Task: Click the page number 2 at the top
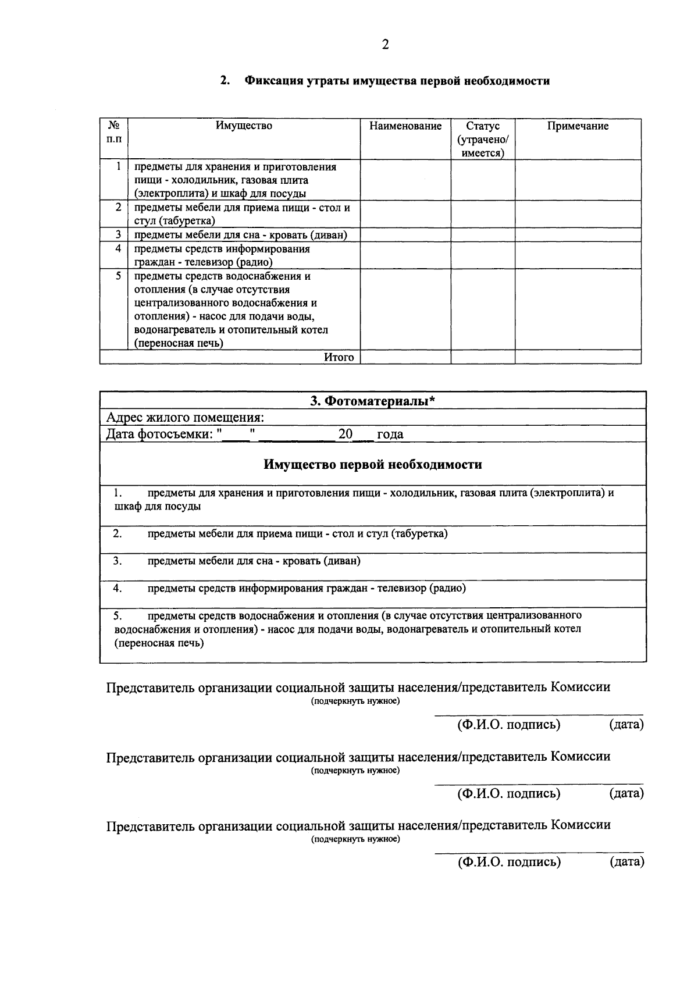[x=384, y=45]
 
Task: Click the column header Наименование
[x=405, y=126]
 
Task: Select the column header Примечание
[x=578, y=126]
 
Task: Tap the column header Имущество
[x=244, y=126]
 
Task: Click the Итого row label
[x=339, y=357]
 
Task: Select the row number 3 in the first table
[x=118, y=234]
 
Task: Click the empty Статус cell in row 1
[x=483, y=180]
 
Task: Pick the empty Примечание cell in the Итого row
[x=578, y=357]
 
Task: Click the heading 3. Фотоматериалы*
[x=373, y=401]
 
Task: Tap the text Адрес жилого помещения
[x=185, y=418]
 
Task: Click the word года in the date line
[x=390, y=434]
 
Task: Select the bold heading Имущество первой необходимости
[x=373, y=465]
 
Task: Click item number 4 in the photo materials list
[x=117, y=588]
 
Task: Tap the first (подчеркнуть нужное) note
[x=355, y=701]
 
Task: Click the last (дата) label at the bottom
[x=626, y=861]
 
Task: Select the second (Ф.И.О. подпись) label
[x=509, y=793]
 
